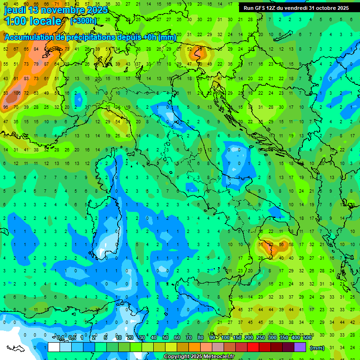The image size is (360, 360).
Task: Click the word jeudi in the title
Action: click(15, 10)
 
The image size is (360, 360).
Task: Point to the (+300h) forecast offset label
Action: click(83, 21)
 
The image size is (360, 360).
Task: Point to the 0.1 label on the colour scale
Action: click(60, 338)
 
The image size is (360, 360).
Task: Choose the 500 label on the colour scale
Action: click(307, 338)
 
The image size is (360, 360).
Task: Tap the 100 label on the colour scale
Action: click(225, 338)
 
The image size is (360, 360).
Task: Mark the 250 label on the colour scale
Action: click(261, 338)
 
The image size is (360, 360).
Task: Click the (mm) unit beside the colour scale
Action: click(317, 348)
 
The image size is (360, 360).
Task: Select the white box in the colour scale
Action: click(53, 347)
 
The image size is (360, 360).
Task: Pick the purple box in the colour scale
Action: click(300, 347)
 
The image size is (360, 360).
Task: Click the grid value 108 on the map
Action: click(17, 93)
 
